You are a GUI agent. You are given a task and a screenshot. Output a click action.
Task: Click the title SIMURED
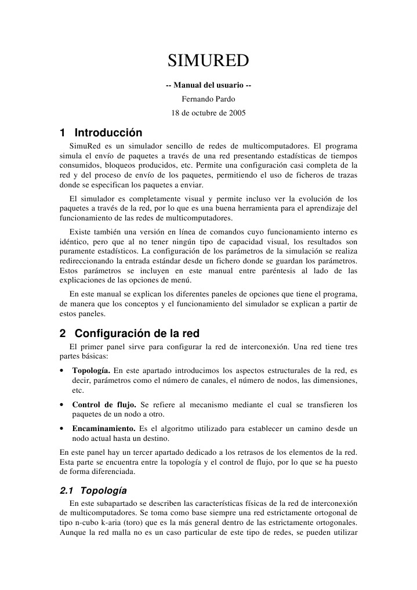(208, 60)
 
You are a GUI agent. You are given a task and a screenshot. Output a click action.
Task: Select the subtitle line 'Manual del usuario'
(208, 86)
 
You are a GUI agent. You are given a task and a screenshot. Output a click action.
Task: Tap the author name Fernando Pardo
(208, 99)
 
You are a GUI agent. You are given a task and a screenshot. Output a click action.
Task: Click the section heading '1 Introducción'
(101, 132)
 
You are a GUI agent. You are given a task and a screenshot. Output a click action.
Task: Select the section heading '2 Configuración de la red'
(129, 334)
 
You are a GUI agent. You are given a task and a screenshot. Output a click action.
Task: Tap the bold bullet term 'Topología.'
(91, 370)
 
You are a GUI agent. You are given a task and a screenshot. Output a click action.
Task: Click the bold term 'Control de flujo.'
(104, 404)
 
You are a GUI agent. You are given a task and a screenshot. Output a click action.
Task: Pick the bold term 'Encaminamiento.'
(103, 428)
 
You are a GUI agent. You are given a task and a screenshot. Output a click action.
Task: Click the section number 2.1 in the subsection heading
(68, 490)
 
